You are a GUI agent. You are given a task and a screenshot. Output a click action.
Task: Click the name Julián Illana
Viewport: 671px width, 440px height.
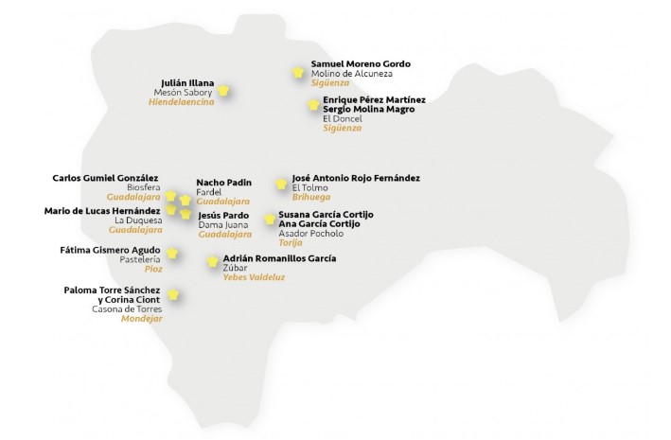[x=188, y=82]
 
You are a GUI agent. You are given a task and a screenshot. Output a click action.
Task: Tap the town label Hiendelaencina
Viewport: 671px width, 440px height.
[x=182, y=102]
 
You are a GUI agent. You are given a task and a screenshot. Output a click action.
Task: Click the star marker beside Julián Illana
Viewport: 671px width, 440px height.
[x=224, y=91]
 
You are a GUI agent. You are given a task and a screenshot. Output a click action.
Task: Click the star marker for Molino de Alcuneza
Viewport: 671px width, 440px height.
[x=298, y=72]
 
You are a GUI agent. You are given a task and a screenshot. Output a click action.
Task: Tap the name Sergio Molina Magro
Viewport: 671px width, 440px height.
[x=368, y=109]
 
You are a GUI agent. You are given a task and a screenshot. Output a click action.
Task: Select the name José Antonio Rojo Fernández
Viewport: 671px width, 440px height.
[x=356, y=178]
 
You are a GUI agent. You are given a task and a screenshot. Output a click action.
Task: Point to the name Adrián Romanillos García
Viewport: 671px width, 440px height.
[x=279, y=257]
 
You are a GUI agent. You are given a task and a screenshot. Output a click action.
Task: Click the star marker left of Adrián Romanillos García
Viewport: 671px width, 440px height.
[x=213, y=261]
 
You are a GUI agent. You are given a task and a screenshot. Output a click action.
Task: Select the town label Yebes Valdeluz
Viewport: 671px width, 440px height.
[x=254, y=277]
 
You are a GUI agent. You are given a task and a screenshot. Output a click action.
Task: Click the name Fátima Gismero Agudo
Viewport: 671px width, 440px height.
[x=111, y=250]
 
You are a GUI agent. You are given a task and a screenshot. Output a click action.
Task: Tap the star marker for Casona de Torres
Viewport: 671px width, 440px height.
[x=172, y=295]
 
